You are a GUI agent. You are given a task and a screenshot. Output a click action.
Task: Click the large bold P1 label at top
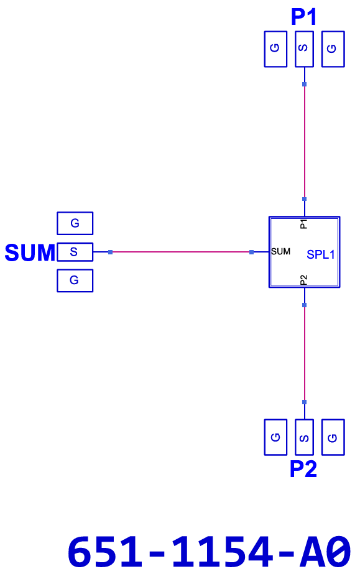pyautogui.click(x=303, y=17)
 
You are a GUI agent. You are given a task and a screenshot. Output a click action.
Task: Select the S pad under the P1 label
pyautogui.click(x=304, y=49)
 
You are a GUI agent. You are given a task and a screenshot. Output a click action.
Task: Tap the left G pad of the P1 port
pyautogui.click(x=275, y=49)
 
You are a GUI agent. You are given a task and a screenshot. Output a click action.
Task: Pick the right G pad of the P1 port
pyautogui.click(x=333, y=49)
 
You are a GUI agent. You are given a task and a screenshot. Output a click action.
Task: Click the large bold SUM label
pyautogui.click(x=30, y=252)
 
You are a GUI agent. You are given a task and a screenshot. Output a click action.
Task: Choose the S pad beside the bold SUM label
pyautogui.click(x=75, y=252)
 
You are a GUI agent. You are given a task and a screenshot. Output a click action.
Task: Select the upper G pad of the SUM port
pyautogui.click(x=75, y=223)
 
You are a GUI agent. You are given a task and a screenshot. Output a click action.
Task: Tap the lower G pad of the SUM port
pyautogui.click(x=75, y=280)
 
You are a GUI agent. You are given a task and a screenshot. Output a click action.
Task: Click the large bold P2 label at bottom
pyautogui.click(x=303, y=469)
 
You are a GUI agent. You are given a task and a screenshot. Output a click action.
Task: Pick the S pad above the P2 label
pyautogui.click(x=304, y=437)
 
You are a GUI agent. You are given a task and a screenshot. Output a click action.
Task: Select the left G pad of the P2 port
pyautogui.click(x=275, y=437)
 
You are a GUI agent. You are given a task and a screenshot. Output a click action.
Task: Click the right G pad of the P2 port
pyautogui.click(x=333, y=437)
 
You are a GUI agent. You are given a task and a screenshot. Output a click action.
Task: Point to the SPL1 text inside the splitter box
pyautogui.click(x=320, y=254)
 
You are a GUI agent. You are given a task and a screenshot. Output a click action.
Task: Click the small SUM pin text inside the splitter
pyautogui.click(x=280, y=251)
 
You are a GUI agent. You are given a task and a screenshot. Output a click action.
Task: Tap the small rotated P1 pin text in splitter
pyautogui.click(x=303, y=224)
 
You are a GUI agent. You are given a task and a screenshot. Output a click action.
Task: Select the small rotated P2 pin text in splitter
pyautogui.click(x=303, y=280)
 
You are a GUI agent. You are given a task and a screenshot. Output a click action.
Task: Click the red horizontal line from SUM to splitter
pyautogui.click(x=181, y=252)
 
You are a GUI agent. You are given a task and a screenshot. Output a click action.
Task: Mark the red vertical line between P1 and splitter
pyautogui.click(x=304, y=142)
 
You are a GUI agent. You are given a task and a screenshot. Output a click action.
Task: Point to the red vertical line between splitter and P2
pyautogui.click(x=304, y=353)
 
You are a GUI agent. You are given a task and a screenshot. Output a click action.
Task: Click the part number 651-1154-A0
pyautogui.click(x=209, y=552)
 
